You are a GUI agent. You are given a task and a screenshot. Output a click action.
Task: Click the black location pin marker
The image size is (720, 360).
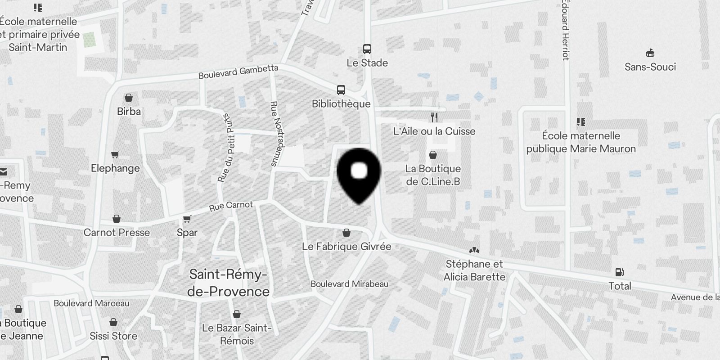[359, 173]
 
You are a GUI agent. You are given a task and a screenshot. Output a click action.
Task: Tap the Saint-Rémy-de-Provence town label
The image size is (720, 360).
[228, 283]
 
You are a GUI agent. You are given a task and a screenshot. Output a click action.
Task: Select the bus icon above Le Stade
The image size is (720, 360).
[367, 49]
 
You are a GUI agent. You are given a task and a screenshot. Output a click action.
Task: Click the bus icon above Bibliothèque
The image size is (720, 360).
[341, 90]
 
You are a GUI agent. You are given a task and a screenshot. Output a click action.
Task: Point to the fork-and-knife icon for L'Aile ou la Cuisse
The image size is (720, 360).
[434, 117]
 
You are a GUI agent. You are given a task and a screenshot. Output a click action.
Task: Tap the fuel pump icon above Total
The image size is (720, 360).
[620, 272]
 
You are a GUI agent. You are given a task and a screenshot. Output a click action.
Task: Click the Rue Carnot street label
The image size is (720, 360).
[231, 206]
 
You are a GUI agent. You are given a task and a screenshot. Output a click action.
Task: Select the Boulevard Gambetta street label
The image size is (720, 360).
[238, 72]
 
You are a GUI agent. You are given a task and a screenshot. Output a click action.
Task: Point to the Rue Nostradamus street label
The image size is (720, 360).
[277, 134]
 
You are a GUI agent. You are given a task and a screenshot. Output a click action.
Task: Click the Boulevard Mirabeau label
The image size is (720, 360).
[349, 284]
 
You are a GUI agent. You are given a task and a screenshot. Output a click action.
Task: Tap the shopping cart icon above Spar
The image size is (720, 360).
[187, 219]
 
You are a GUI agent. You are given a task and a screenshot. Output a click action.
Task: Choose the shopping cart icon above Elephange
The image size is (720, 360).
[115, 155]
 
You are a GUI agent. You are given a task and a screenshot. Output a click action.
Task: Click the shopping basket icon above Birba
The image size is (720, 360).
[129, 98]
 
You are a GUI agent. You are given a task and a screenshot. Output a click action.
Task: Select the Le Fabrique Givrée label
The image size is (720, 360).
[346, 247]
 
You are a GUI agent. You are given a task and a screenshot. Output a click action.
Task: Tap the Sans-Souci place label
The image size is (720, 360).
[650, 67]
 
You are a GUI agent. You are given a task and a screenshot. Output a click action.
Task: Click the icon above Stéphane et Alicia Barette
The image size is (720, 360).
[474, 250]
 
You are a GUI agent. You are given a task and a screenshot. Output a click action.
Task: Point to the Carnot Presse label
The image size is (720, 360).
[117, 233]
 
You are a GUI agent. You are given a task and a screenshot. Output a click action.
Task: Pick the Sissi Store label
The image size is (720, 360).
[113, 336]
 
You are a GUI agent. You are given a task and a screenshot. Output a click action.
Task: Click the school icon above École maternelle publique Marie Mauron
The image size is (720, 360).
[581, 122]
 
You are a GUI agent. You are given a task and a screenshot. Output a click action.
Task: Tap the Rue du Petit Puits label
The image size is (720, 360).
[227, 148]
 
